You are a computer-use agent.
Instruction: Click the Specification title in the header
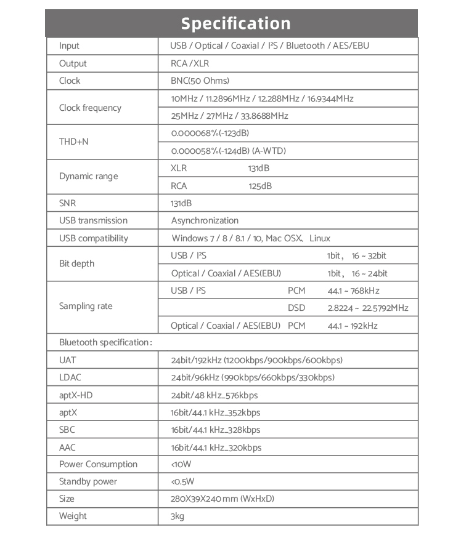pyautogui.click(x=236, y=23)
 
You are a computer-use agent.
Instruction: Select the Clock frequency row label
pyautogui.click(x=90, y=108)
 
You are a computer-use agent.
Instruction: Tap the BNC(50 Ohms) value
pyautogui.click(x=200, y=81)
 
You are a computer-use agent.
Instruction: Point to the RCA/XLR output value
pyautogui.click(x=190, y=63)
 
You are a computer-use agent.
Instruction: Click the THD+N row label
pyautogui.click(x=74, y=142)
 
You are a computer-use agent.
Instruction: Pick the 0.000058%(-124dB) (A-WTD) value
pyautogui.click(x=228, y=151)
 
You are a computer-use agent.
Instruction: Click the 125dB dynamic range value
pyautogui.click(x=260, y=186)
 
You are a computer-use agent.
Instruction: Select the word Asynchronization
pyautogui.click(x=205, y=220)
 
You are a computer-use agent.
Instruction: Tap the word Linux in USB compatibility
pyautogui.click(x=320, y=238)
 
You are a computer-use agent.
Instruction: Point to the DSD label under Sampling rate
pyautogui.click(x=296, y=308)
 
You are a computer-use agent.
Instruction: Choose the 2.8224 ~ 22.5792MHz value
pyautogui.click(x=367, y=308)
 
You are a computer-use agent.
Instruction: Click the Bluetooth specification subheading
pyautogui.click(x=105, y=342)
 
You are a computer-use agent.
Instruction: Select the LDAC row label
pyautogui.click(x=70, y=377)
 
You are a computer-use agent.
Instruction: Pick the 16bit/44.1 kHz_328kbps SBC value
pyautogui.click(x=216, y=430)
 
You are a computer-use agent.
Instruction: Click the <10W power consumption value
pyautogui.click(x=181, y=464)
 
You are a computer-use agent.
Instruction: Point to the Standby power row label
pyautogui.click(x=88, y=481)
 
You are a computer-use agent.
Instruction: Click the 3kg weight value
pyautogui.click(x=177, y=516)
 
